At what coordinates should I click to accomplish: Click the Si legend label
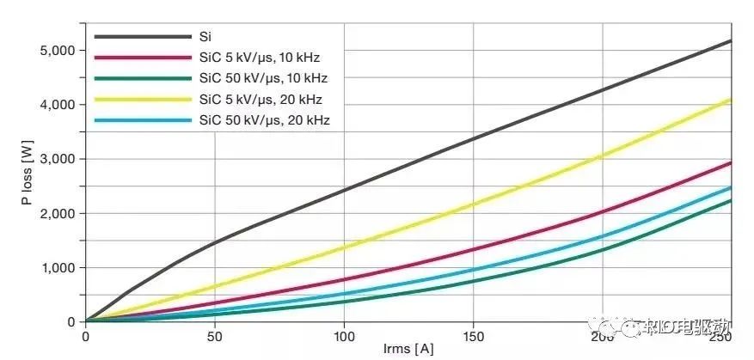pyautogui.click(x=205, y=37)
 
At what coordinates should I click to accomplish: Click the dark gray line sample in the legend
pyautogui.click(x=142, y=37)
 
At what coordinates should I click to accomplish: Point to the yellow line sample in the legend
pyautogui.click(x=142, y=99)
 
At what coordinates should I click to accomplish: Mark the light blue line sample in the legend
pyautogui.click(x=142, y=119)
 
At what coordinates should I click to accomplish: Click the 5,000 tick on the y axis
pyautogui.click(x=58, y=51)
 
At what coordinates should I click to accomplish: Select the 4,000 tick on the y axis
pyautogui.click(x=58, y=105)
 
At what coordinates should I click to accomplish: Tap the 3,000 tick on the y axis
pyautogui.click(x=58, y=159)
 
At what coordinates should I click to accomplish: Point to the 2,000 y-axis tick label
pyautogui.click(x=58, y=213)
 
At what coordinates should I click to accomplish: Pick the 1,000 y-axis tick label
pyautogui.click(x=58, y=267)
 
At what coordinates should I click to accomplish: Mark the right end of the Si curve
pyautogui.click(x=731, y=40)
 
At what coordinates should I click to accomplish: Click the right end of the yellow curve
pyautogui.click(x=731, y=100)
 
